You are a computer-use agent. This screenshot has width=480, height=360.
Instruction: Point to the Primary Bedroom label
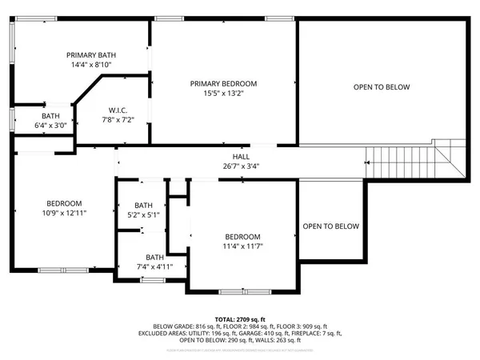click(x=223, y=83)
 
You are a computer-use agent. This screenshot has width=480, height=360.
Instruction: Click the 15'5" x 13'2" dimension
click(x=223, y=94)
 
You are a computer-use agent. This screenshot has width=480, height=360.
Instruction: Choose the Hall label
click(x=241, y=157)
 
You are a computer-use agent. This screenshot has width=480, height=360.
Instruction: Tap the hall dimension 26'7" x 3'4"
click(x=241, y=166)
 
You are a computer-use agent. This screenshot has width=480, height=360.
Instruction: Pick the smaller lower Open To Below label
click(x=331, y=226)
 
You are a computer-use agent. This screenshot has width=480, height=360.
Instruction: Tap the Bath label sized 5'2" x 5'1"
click(x=143, y=205)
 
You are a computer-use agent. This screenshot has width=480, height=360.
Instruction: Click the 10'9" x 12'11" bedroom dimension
click(x=66, y=214)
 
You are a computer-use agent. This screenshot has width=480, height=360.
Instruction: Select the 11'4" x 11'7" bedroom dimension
click(x=242, y=247)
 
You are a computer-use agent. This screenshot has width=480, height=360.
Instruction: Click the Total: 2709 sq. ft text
click(x=240, y=319)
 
